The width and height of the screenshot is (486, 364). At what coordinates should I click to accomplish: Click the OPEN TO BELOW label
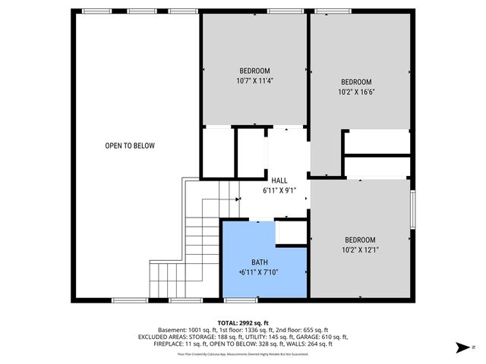click(x=130, y=146)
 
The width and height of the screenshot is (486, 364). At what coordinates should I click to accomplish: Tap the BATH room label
click(x=260, y=262)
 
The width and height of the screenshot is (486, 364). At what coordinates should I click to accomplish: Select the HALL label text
click(x=279, y=180)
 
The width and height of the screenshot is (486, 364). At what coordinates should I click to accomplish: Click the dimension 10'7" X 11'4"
click(x=254, y=79)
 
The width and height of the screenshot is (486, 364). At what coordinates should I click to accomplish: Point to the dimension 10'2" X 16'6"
click(x=355, y=92)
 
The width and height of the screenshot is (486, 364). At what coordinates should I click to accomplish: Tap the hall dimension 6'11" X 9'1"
click(x=279, y=190)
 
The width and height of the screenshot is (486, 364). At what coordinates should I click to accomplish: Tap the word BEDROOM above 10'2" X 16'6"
click(x=355, y=82)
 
